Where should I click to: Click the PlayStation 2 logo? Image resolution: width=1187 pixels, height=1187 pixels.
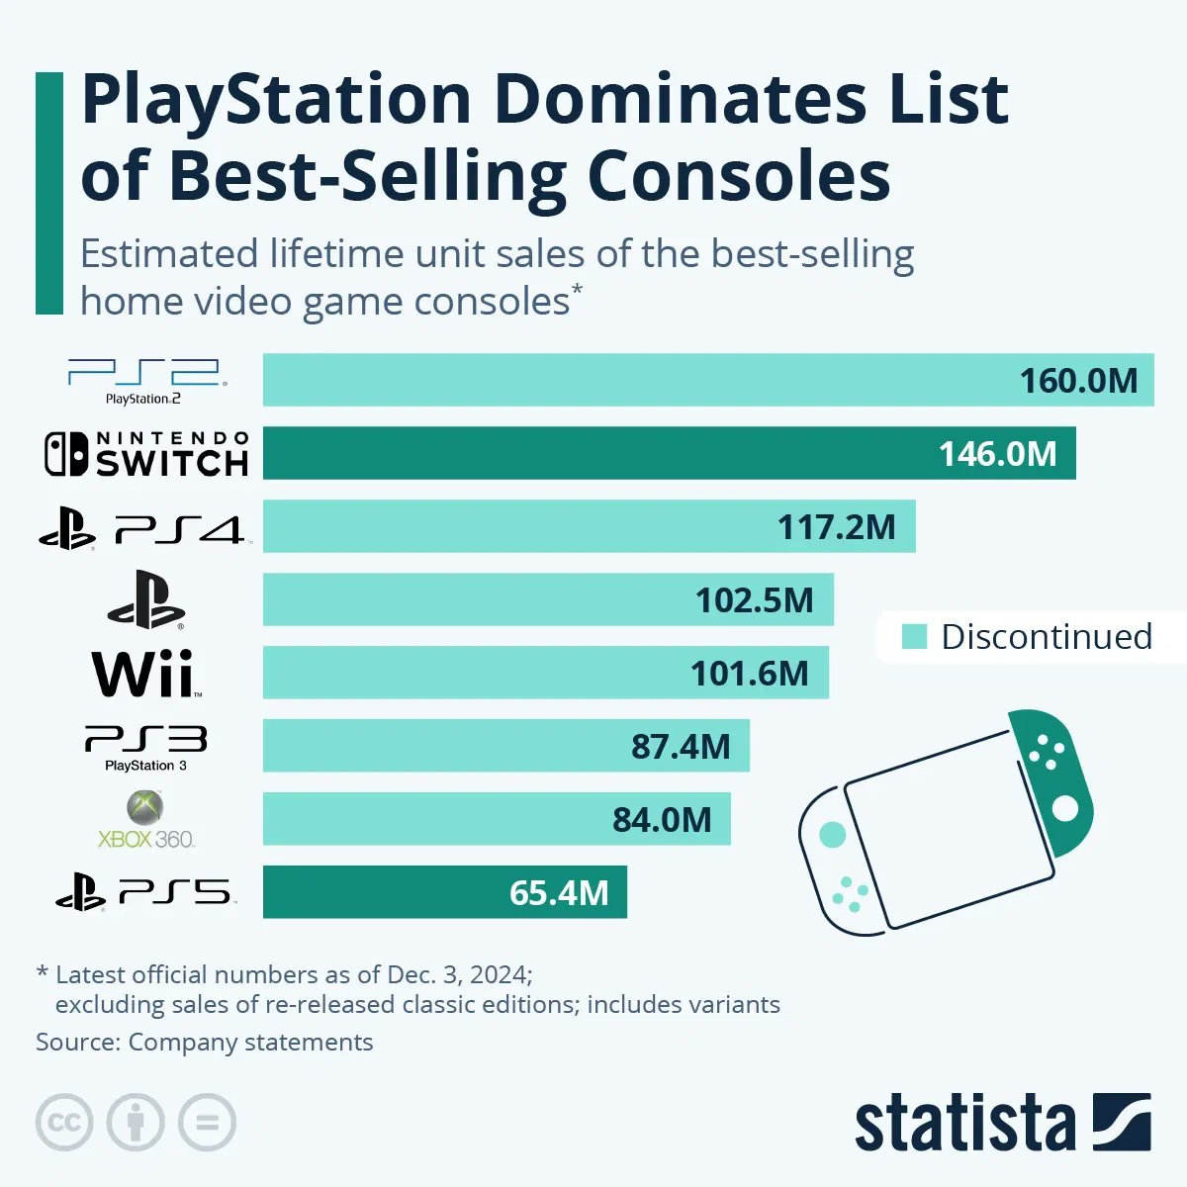coord(145,381)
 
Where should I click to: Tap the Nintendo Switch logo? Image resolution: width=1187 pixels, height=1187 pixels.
coord(145,454)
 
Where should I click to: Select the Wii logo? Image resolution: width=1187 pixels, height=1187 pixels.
coord(146,674)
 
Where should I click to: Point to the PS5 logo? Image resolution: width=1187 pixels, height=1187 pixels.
coord(145,893)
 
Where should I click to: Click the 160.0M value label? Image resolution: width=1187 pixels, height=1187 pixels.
coord(1078,381)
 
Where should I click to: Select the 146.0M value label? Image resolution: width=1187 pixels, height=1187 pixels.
coord(997,454)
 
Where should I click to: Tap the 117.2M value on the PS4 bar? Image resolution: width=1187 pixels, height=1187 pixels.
coord(836,527)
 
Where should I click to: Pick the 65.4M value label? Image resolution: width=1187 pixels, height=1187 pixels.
coord(559,893)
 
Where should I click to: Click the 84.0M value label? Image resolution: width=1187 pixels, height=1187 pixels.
coord(662,820)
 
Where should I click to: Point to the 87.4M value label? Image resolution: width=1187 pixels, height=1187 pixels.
coord(681,747)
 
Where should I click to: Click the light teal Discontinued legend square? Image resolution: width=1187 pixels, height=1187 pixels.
coord(915,637)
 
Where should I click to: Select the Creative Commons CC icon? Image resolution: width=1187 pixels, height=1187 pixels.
coord(64,1123)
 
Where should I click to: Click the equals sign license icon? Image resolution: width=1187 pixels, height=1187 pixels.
coord(207,1123)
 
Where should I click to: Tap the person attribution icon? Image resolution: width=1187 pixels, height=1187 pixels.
coord(136,1123)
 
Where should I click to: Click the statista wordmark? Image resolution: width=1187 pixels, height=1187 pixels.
coord(964,1124)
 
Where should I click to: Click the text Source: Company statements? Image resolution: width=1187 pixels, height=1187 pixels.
coord(205,1043)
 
